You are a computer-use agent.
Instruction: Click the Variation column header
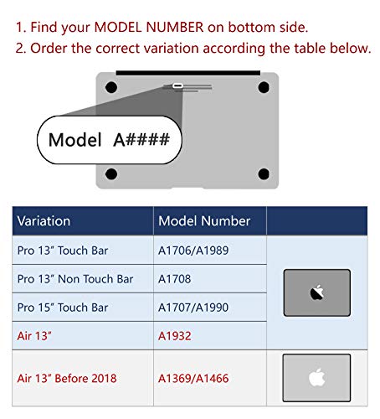pyautogui.click(x=44, y=221)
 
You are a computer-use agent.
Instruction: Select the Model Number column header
pyautogui.click(x=204, y=221)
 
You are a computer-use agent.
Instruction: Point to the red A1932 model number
pyautogui.click(x=175, y=336)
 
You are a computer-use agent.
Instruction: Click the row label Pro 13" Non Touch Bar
pyautogui.click(x=75, y=279)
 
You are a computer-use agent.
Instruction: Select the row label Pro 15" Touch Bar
pyautogui.click(x=63, y=308)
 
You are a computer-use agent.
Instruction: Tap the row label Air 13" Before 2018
pyautogui.click(x=67, y=378)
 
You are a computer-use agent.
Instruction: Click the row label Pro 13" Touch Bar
pyautogui.click(x=63, y=251)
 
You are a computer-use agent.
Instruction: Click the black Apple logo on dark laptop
pyautogui.click(x=317, y=292)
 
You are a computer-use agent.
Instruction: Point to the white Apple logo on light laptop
pyautogui.click(x=317, y=377)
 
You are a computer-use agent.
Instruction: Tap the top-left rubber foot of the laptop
pyautogui.click(x=111, y=87)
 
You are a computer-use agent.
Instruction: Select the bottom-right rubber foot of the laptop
pyautogui.click(x=264, y=173)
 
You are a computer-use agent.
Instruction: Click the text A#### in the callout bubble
pyautogui.click(x=141, y=139)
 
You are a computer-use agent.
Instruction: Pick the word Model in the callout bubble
pyautogui.click(x=74, y=140)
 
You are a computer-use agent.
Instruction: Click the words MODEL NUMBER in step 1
pyautogui.click(x=149, y=27)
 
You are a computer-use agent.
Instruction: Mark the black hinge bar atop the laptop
pyautogui.click(x=188, y=73)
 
